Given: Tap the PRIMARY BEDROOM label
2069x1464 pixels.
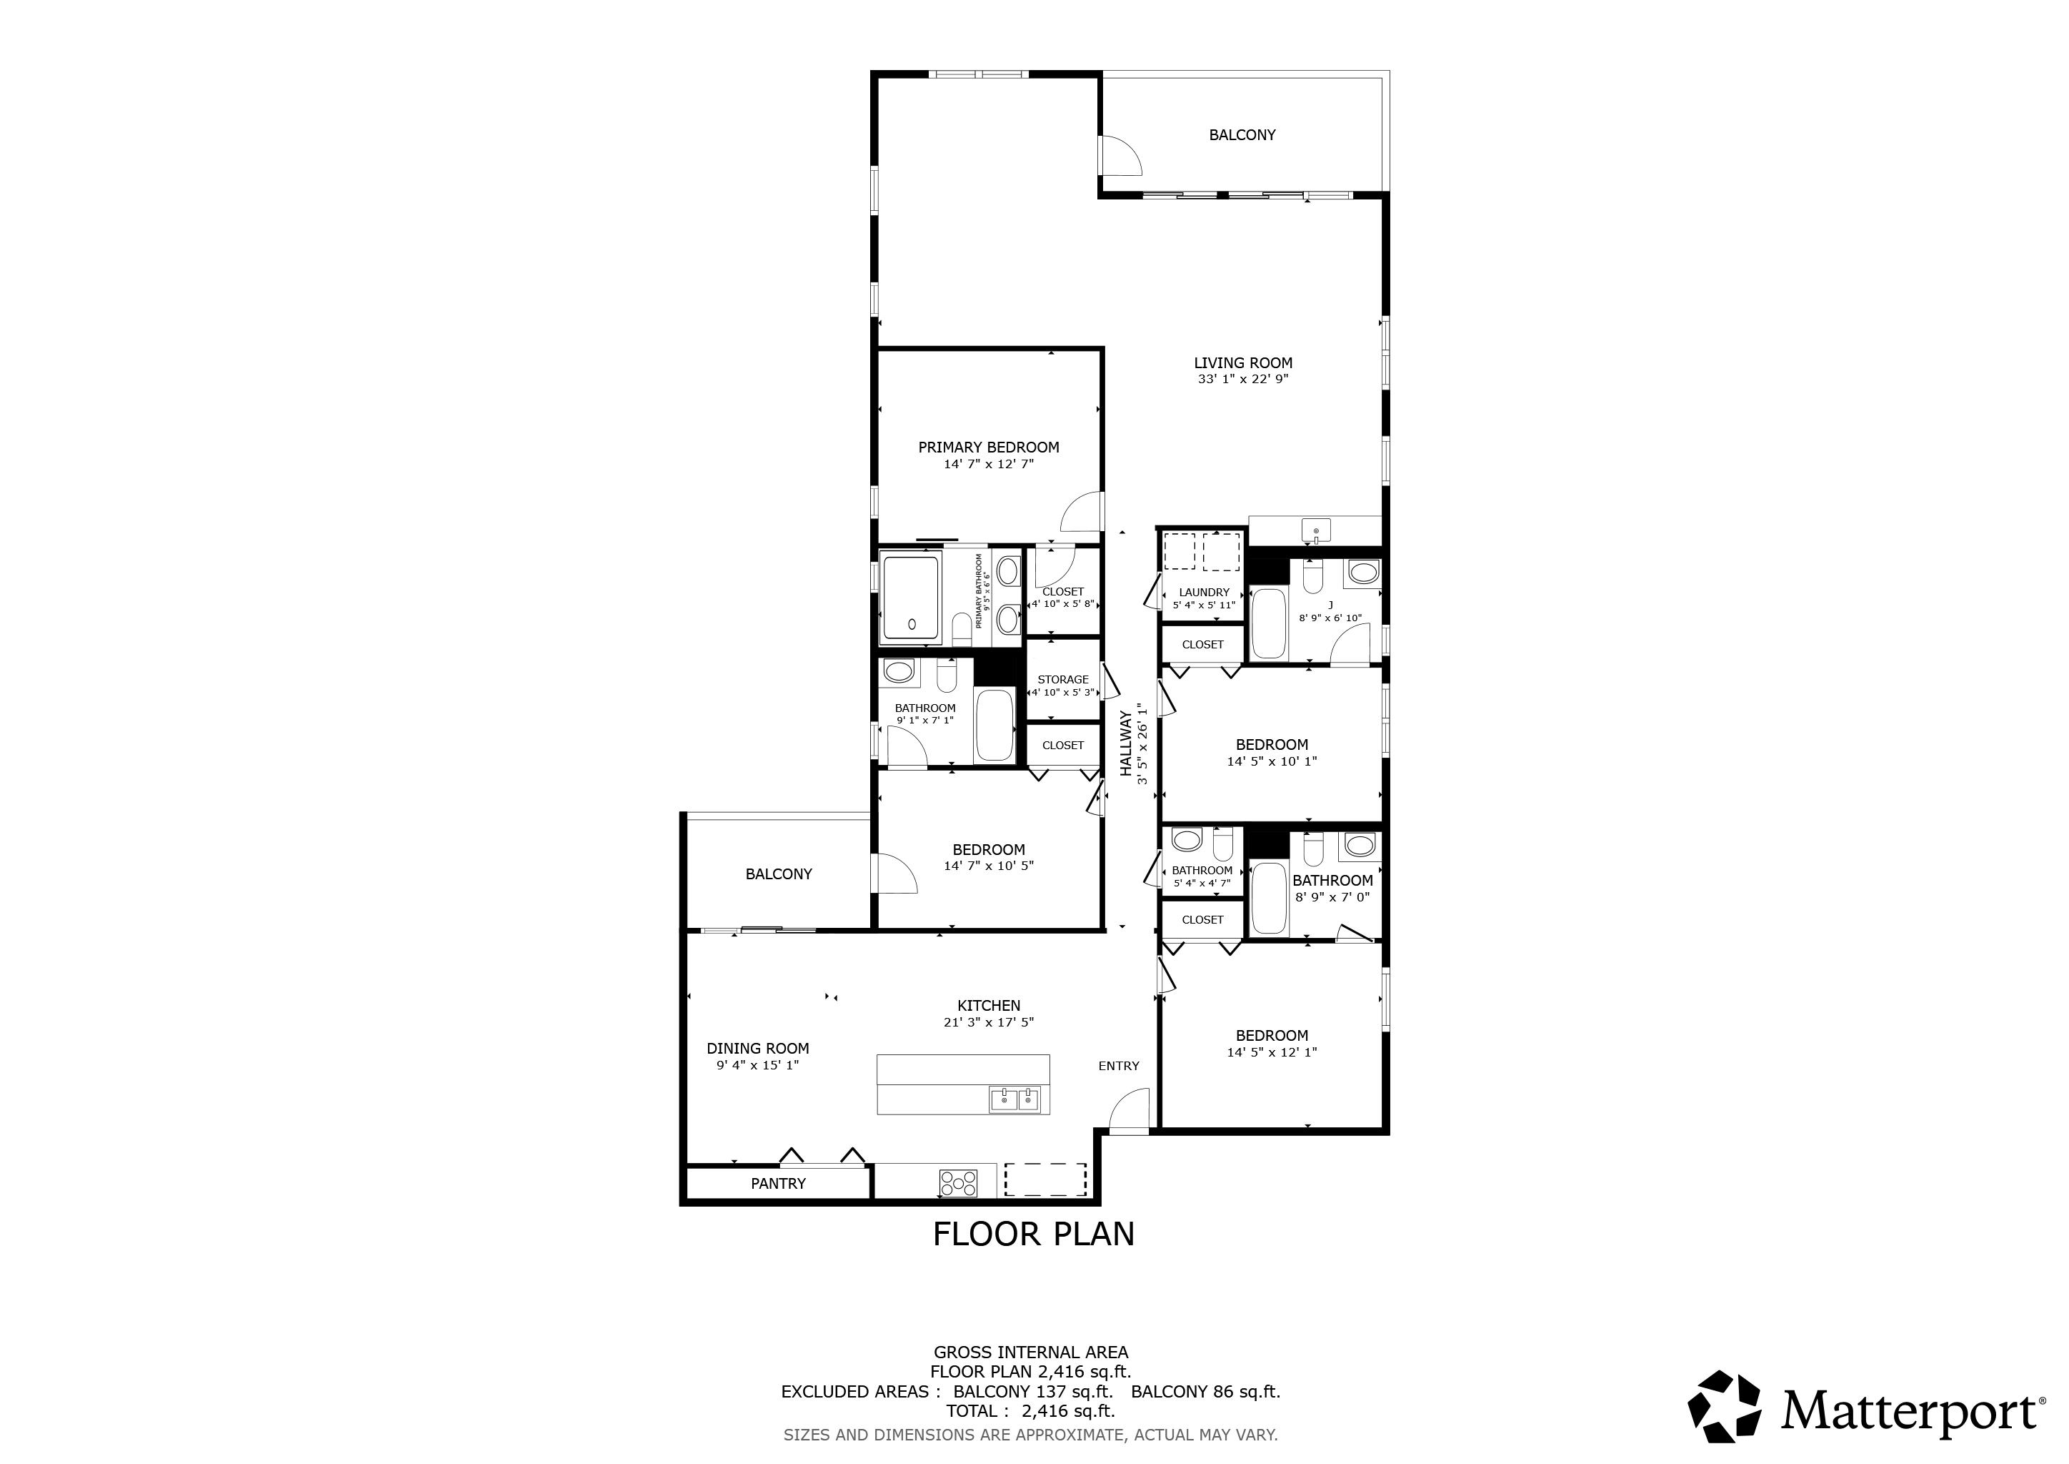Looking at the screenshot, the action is coord(989,447).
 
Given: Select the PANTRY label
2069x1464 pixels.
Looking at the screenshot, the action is coord(779,1184).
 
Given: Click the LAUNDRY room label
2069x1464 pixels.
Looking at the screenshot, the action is coord(1204,593).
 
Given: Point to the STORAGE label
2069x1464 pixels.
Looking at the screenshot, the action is coord(1062,680).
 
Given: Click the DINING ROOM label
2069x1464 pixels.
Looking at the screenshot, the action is coord(758,1049).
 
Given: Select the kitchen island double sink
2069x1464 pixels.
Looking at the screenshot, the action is coord(1014,1100).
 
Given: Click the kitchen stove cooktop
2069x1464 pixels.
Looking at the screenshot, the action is coord(958,1183).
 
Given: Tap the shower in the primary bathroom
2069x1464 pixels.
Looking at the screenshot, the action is coord(911,598).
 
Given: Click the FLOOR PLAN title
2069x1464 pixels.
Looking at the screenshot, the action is coord(1034,1234).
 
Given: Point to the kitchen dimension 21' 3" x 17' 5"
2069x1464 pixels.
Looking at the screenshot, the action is coord(989,1022).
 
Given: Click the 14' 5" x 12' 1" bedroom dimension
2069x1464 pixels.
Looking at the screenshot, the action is coord(1272,1052).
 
